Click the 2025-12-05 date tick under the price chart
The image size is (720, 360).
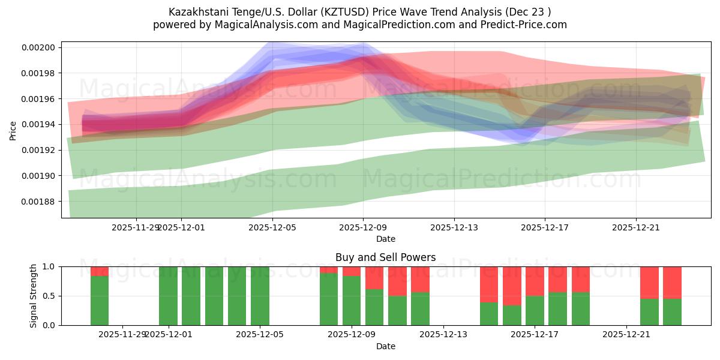(x=273, y=228)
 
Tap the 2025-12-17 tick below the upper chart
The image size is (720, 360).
(x=545, y=228)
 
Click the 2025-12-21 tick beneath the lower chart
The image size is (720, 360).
(x=626, y=335)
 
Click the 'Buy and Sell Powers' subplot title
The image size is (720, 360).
(x=385, y=257)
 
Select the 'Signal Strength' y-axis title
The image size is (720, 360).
(x=34, y=296)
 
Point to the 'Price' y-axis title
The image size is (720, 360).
(x=13, y=130)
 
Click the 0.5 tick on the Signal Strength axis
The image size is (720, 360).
(x=50, y=296)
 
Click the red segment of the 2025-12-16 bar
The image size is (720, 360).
(x=512, y=286)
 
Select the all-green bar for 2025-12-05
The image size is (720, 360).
(x=260, y=296)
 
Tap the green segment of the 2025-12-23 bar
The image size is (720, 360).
(x=672, y=311)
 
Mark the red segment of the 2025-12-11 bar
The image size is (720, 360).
(x=397, y=281)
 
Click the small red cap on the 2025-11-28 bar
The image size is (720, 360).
(x=100, y=271)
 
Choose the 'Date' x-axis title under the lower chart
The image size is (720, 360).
(x=385, y=346)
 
